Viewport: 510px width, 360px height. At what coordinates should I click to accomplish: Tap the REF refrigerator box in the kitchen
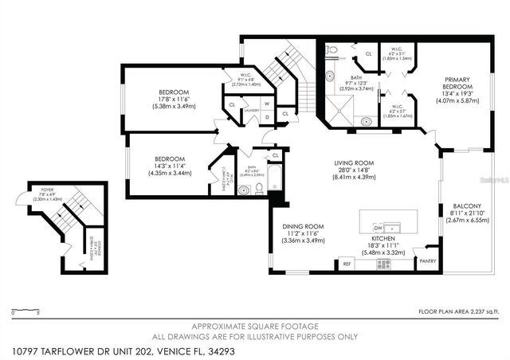pos(347,263)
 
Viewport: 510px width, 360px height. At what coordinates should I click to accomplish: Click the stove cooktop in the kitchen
pos(382,264)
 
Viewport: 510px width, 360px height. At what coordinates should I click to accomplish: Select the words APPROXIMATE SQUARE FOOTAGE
pos(253,327)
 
